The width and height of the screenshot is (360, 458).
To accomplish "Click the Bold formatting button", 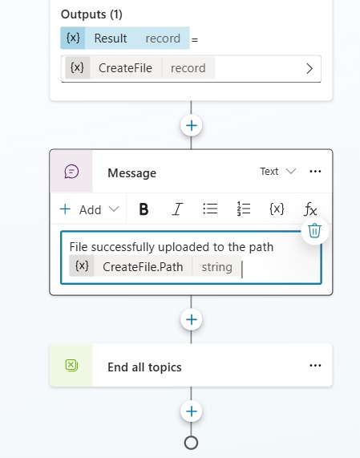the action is [x=144, y=209].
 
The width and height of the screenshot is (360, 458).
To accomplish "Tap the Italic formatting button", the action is [x=177, y=209].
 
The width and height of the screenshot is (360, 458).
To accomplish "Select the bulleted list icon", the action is [x=210, y=209].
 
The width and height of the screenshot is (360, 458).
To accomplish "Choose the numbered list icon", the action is [x=244, y=209].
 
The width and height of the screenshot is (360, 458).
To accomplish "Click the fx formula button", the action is [x=310, y=209].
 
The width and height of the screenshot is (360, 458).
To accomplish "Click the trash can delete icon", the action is [x=314, y=231].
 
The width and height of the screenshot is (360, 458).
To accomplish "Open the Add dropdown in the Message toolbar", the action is [x=89, y=209].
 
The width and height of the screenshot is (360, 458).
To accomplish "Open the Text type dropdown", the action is [x=278, y=172].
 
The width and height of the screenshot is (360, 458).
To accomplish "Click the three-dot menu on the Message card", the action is [x=315, y=172].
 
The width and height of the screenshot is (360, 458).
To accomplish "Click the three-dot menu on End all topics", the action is [x=315, y=366].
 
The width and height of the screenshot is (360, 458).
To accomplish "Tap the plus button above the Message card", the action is [x=192, y=126].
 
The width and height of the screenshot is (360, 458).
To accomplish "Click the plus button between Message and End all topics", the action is [x=192, y=319].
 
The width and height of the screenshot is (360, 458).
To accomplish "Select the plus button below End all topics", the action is [x=192, y=411].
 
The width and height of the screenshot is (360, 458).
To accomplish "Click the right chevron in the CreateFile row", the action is [x=309, y=69].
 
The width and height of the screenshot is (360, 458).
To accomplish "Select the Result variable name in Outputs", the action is [x=111, y=39].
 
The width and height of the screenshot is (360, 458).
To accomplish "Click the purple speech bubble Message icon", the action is [x=71, y=172].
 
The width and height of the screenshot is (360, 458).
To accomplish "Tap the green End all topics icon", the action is [x=71, y=366].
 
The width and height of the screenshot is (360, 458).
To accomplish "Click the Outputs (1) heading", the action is [x=91, y=14].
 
